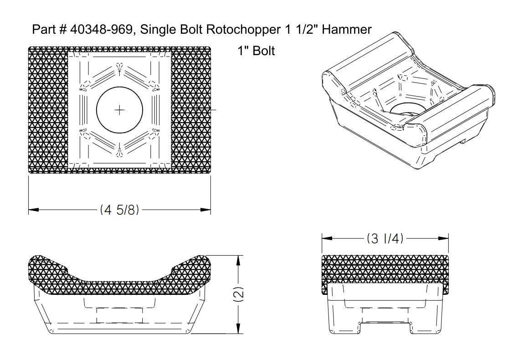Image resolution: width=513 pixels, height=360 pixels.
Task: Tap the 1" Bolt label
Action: point(256,51)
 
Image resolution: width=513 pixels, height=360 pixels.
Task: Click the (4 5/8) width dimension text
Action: point(119,210)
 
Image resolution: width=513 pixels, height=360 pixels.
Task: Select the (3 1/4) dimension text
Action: point(385,239)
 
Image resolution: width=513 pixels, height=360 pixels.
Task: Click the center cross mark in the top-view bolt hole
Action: point(119,110)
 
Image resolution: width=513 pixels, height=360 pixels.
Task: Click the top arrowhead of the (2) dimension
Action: point(237,259)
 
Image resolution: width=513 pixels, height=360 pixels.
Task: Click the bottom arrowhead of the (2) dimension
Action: point(237,330)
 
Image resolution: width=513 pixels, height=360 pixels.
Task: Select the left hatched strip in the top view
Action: point(48,110)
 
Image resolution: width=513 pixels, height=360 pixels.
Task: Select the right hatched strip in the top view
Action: point(191,110)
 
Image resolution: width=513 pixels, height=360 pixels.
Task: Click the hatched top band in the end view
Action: point(385,269)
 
